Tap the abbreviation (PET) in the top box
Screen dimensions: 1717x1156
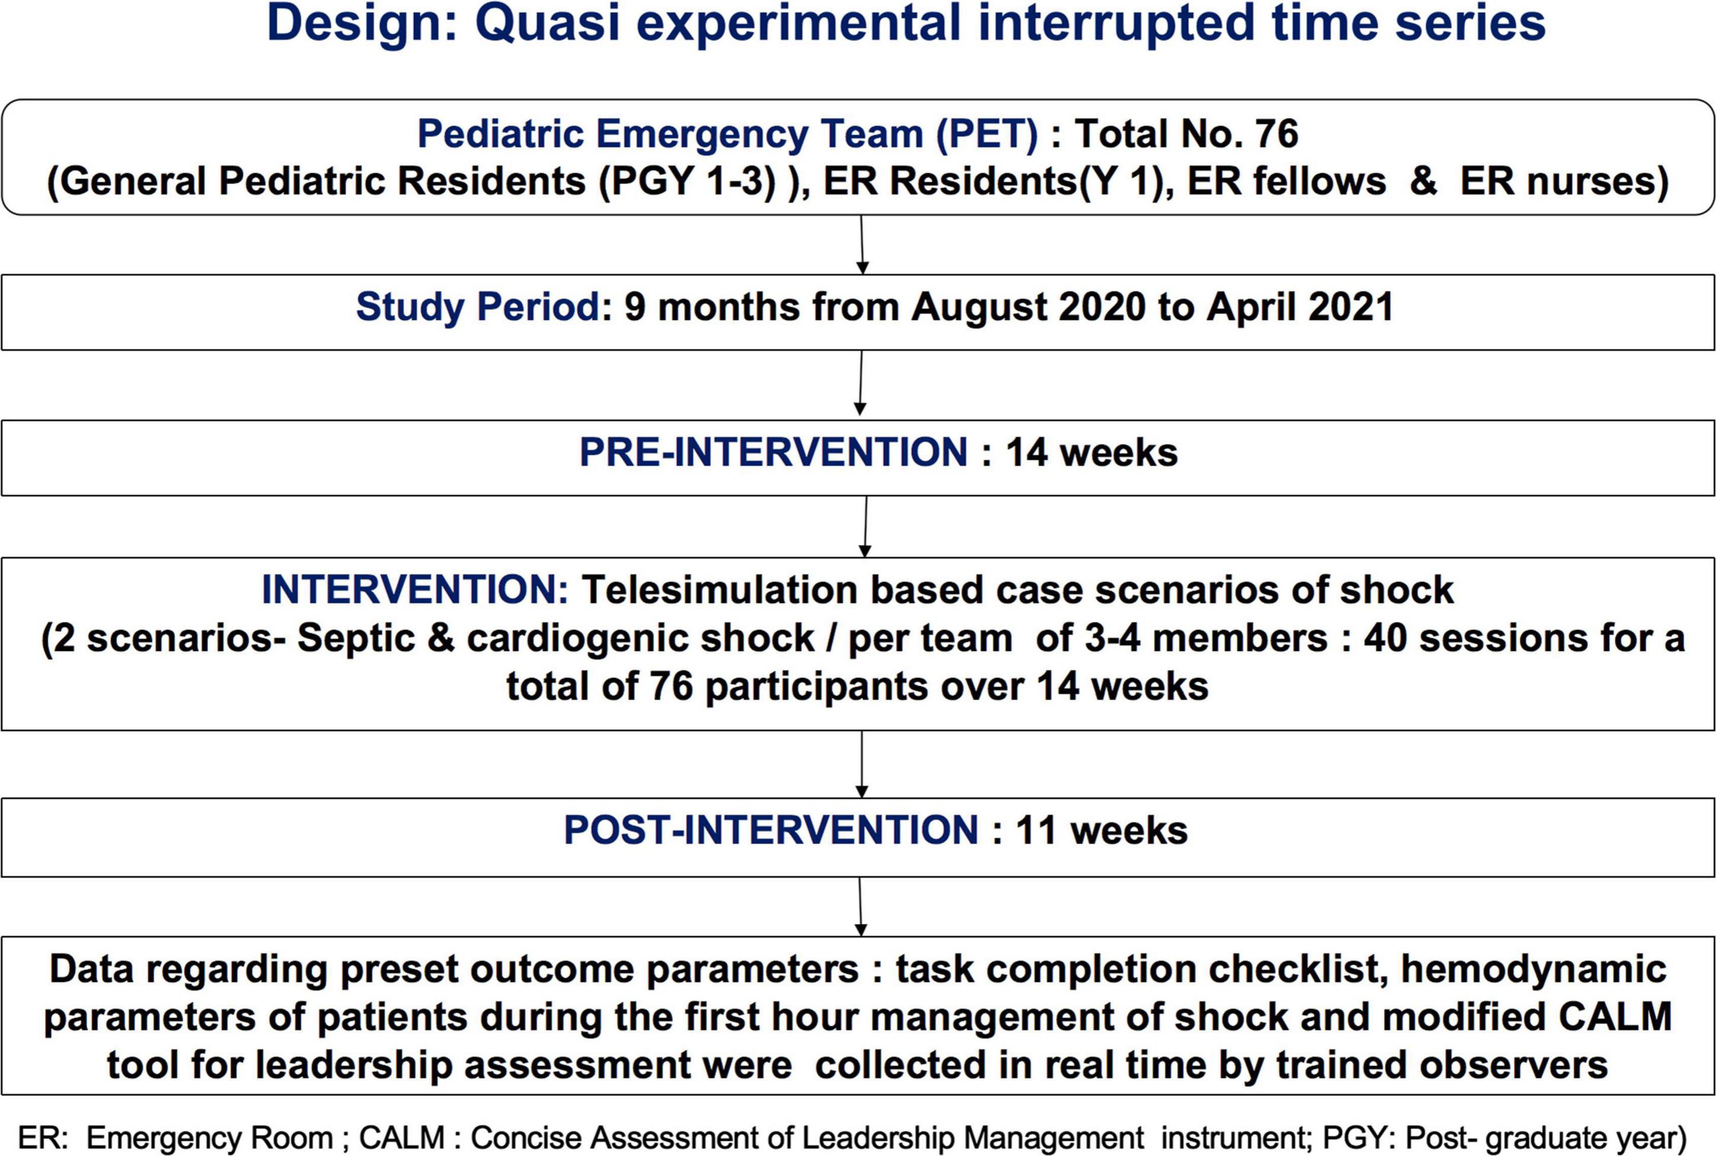click(987, 134)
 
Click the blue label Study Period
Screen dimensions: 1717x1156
click(478, 307)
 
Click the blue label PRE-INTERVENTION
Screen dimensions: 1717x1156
click(773, 452)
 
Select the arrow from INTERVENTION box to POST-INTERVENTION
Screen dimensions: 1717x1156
click(862, 764)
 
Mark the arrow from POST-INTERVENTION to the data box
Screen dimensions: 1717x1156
click(860, 907)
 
